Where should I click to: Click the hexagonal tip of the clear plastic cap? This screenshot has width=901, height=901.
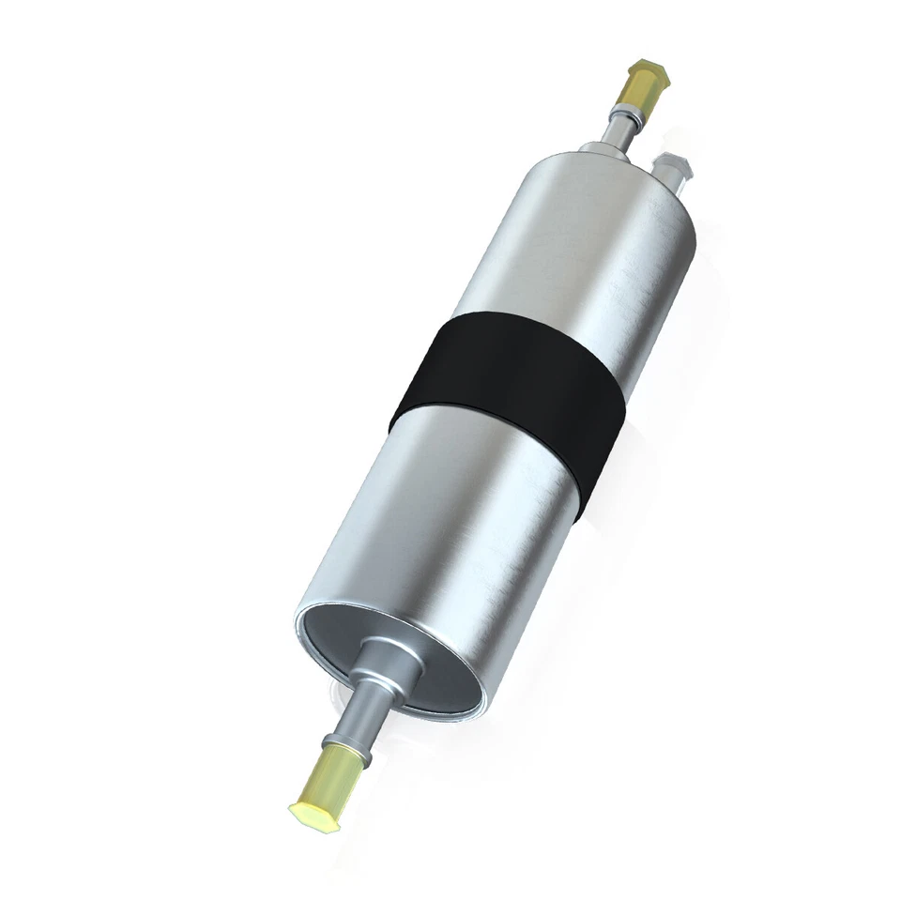coord(678,161)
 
